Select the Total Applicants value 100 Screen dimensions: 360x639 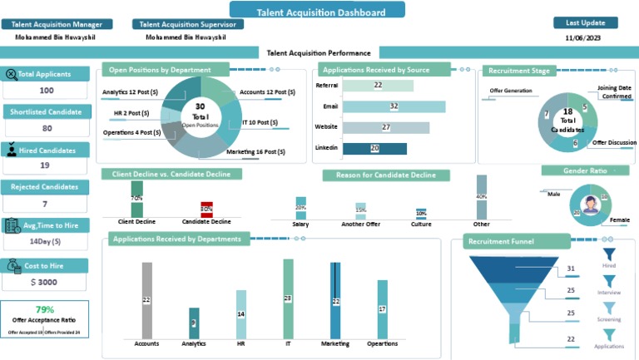(x=47, y=91)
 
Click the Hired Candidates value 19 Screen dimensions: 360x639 (x=47, y=166)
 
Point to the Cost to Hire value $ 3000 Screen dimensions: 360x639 (x=45, y=283)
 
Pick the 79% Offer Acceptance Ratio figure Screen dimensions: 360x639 (x=45, y=309)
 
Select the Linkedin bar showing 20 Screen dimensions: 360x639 (x=374, y=148)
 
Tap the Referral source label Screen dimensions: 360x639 (x=325, y=86)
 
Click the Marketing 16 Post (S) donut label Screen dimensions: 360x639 (x=255, y=152)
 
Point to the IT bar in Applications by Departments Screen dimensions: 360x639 (x=288, y=298)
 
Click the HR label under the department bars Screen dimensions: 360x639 (x=241, y=343)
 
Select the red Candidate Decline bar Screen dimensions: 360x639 (x=206, y=210)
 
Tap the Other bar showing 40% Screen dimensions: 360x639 (x=481, y=196)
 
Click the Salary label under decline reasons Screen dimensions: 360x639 (x=300, y=224)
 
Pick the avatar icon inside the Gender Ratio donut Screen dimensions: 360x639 (x=590, y=205)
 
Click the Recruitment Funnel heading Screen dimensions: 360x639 (x=500, y=242)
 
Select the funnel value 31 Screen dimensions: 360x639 (x=571, y=269)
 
